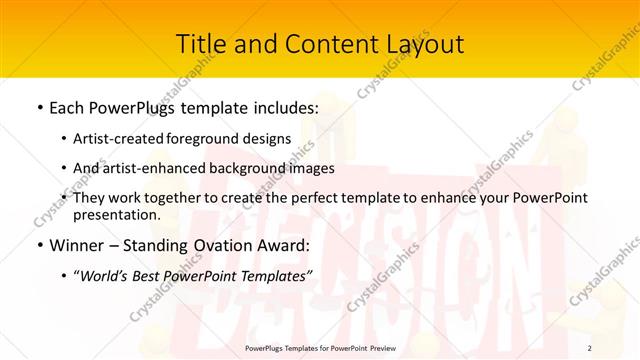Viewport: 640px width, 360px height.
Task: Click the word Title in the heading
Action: tap(200, 44)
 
